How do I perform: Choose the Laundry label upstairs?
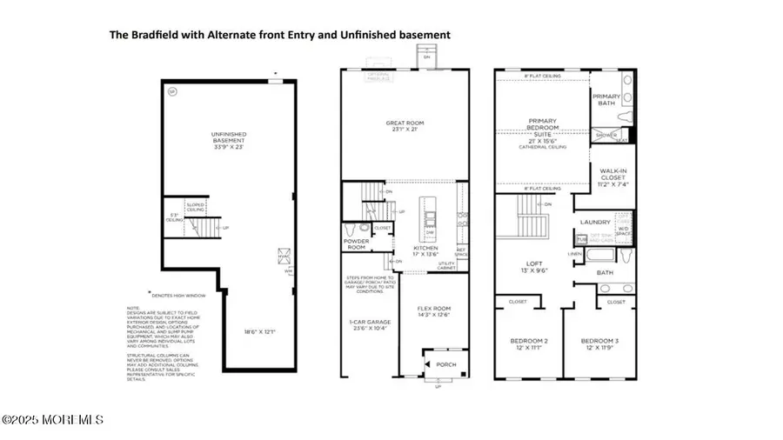click(597, 221)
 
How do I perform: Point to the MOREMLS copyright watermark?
click(52, 420)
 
